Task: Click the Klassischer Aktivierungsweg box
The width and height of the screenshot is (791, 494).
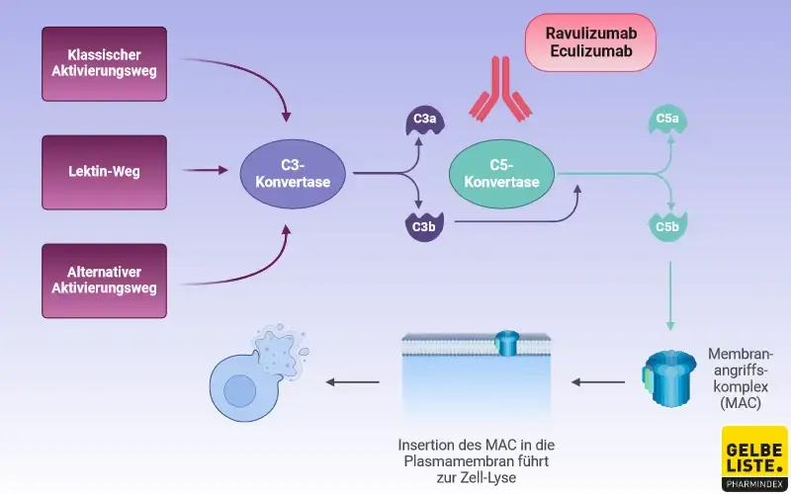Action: (105, 61)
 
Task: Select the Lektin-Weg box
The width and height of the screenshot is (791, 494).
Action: (105, 171)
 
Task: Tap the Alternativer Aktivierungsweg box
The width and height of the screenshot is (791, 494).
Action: (105, 281)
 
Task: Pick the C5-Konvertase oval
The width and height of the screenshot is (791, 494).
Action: (501, 174)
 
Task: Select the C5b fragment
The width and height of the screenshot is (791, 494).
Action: (669, 226)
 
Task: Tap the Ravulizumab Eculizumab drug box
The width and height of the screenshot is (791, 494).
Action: (591, 42)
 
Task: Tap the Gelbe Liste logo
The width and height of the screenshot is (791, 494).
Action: (754, 457)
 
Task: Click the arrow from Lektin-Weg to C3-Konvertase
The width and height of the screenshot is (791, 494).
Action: (206, 171)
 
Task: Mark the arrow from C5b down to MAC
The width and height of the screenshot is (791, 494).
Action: (671, 296)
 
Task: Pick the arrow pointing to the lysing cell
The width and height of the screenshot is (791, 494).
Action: (354, 381)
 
